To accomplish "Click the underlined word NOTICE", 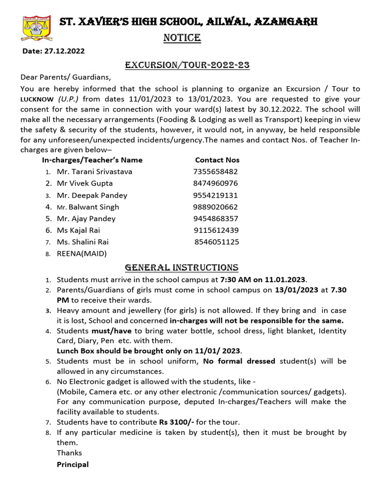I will coord(182,38).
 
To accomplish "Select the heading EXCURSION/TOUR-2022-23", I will coord(188,65).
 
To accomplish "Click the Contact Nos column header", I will coord(217,160).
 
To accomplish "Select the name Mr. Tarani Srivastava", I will coord(94,172).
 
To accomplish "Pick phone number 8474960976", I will coord(215,183).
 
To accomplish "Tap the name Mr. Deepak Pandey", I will coord(92,195).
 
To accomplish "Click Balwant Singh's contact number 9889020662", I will coord(215,207).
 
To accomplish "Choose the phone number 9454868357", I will coord(215,219).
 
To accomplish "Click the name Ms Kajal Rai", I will coord(78,230).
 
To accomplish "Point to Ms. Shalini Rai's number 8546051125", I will coord(217,242).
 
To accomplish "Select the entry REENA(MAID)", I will coord(82,254).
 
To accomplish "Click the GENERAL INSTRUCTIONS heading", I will coord(182,268).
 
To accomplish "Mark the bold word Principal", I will coord(73,465).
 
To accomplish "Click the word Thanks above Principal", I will coord(70,453).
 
